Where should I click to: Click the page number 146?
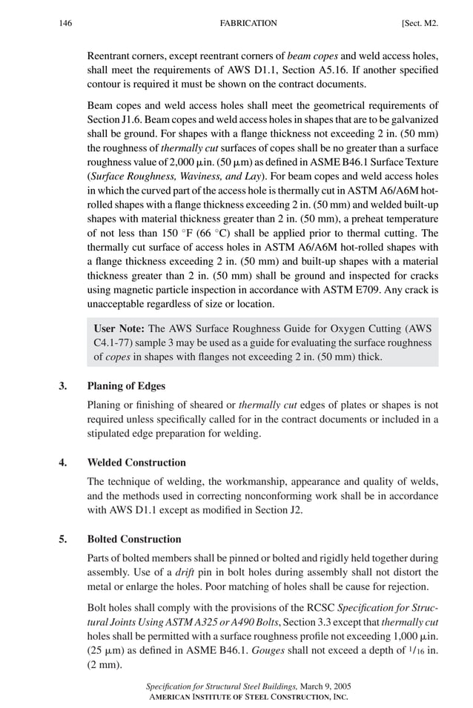[65, 24]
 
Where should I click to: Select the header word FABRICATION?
[248, 24]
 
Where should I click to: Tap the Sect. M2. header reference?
[419, 24]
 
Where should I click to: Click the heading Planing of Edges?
[126, 386]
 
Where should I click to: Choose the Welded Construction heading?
[136, 463]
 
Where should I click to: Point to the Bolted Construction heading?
[134, 539]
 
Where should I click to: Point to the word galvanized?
[413, 119]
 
